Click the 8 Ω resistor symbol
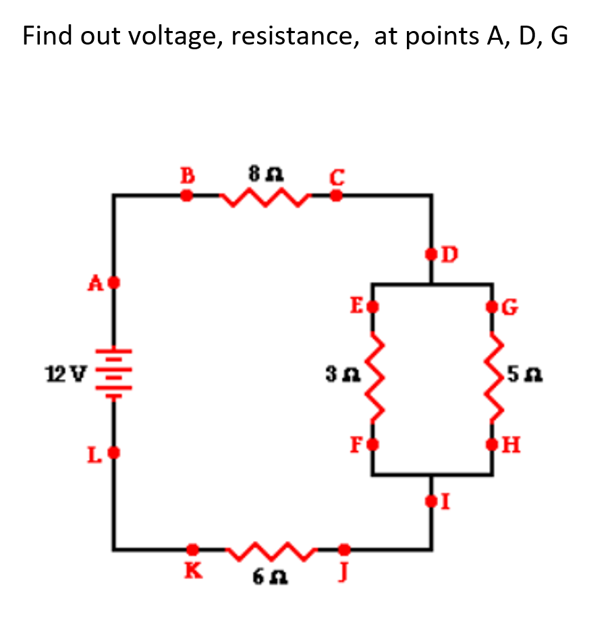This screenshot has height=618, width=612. point(265,197)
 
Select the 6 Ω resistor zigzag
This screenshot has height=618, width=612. point(271,551)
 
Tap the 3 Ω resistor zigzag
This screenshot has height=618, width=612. point(374,377)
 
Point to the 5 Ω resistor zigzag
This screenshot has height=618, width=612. point(493,377)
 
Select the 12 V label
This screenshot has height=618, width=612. point(65,373)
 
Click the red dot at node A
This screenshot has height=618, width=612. point(114,283)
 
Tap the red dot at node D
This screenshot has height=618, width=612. point(431,254)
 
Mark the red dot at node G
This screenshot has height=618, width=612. point(492,306)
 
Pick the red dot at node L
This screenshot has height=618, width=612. point(114,453)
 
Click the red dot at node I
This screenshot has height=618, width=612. point(431,501)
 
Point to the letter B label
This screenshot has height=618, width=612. point(187,175)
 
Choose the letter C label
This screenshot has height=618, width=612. point(337,177)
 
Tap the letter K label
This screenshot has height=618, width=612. point(194,570)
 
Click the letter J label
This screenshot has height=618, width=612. point(343,571)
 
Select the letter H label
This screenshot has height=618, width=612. point(511,445)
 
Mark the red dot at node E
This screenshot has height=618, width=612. point(372,306)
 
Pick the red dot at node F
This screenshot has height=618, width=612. point(372,445)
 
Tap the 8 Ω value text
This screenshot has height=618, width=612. point(266,174)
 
